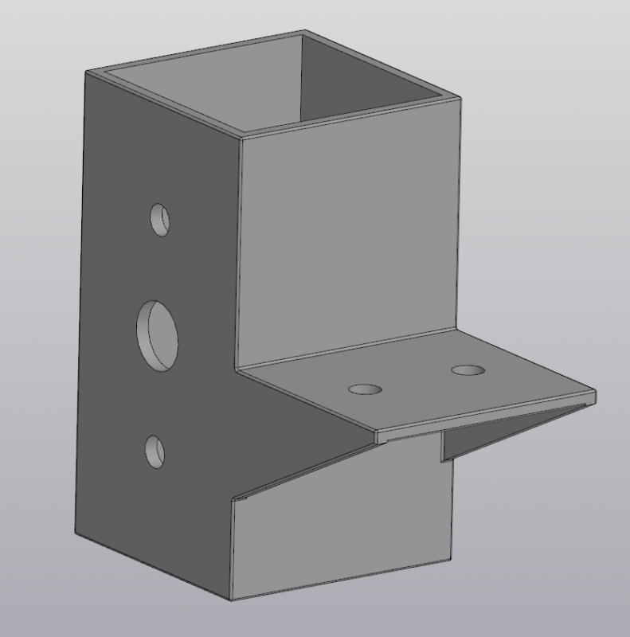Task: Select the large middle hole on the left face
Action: point(158,334)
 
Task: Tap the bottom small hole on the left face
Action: point(155,451)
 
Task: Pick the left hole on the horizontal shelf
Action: point(365,389)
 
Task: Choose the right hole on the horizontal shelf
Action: point(468,370)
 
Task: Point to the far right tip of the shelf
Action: point(595,396)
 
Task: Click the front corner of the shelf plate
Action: point(377,437)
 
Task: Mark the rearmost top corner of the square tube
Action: point(303,32)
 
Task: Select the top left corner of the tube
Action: point(86,72)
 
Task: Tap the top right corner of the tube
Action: point(460,98)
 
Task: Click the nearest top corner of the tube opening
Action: point(241,137)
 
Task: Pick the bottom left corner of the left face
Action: point(76,534)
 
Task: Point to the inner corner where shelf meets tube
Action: point(240,367)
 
